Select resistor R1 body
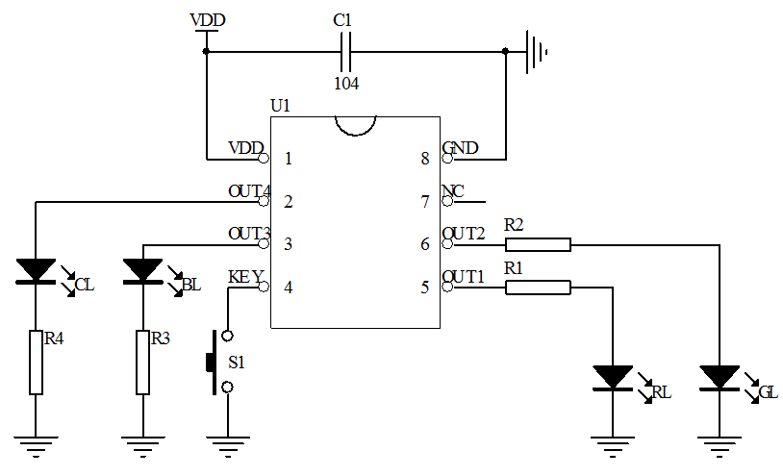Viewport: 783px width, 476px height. click(x=538, y=287)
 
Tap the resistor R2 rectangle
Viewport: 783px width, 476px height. click(x=538, y=244)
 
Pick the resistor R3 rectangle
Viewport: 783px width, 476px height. click(x=142, y=363)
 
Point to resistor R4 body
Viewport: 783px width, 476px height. click(x=36, y=363)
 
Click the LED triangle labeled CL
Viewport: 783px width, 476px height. click(x=36, y=270)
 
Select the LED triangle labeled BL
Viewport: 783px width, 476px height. click(x=142, y=270)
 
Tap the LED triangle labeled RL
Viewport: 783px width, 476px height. click(x=613, y=377)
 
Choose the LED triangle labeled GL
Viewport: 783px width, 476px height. click(x=720, y=377)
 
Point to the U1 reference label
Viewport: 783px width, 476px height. click(x=281, y=106)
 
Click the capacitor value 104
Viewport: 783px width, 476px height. click(x=346, y=84)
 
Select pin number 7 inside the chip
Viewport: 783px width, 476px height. click(x=424, y=202)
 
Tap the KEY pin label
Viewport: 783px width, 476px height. click(x=245, y=277)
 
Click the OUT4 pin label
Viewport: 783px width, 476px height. click(x=249, y=190)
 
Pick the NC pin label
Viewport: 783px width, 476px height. click(x=453, y=190)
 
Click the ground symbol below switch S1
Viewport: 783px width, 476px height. click(x=228, y=445)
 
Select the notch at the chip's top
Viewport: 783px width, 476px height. click(x=355, y=125)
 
